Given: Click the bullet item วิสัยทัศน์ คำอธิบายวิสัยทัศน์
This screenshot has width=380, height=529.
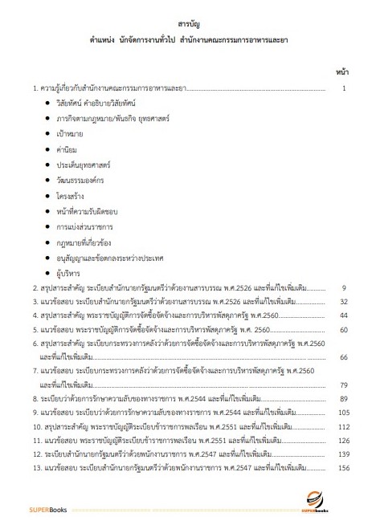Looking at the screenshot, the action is tap(96, 104).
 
